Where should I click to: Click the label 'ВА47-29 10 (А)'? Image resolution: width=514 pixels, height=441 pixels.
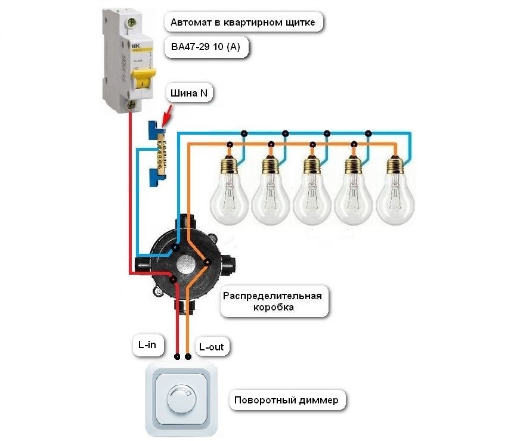206,47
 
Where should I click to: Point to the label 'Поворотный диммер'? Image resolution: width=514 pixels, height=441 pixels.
286,400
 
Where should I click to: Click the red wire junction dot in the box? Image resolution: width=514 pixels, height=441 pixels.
173,278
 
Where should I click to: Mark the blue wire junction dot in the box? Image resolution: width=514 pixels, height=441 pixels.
175,247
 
